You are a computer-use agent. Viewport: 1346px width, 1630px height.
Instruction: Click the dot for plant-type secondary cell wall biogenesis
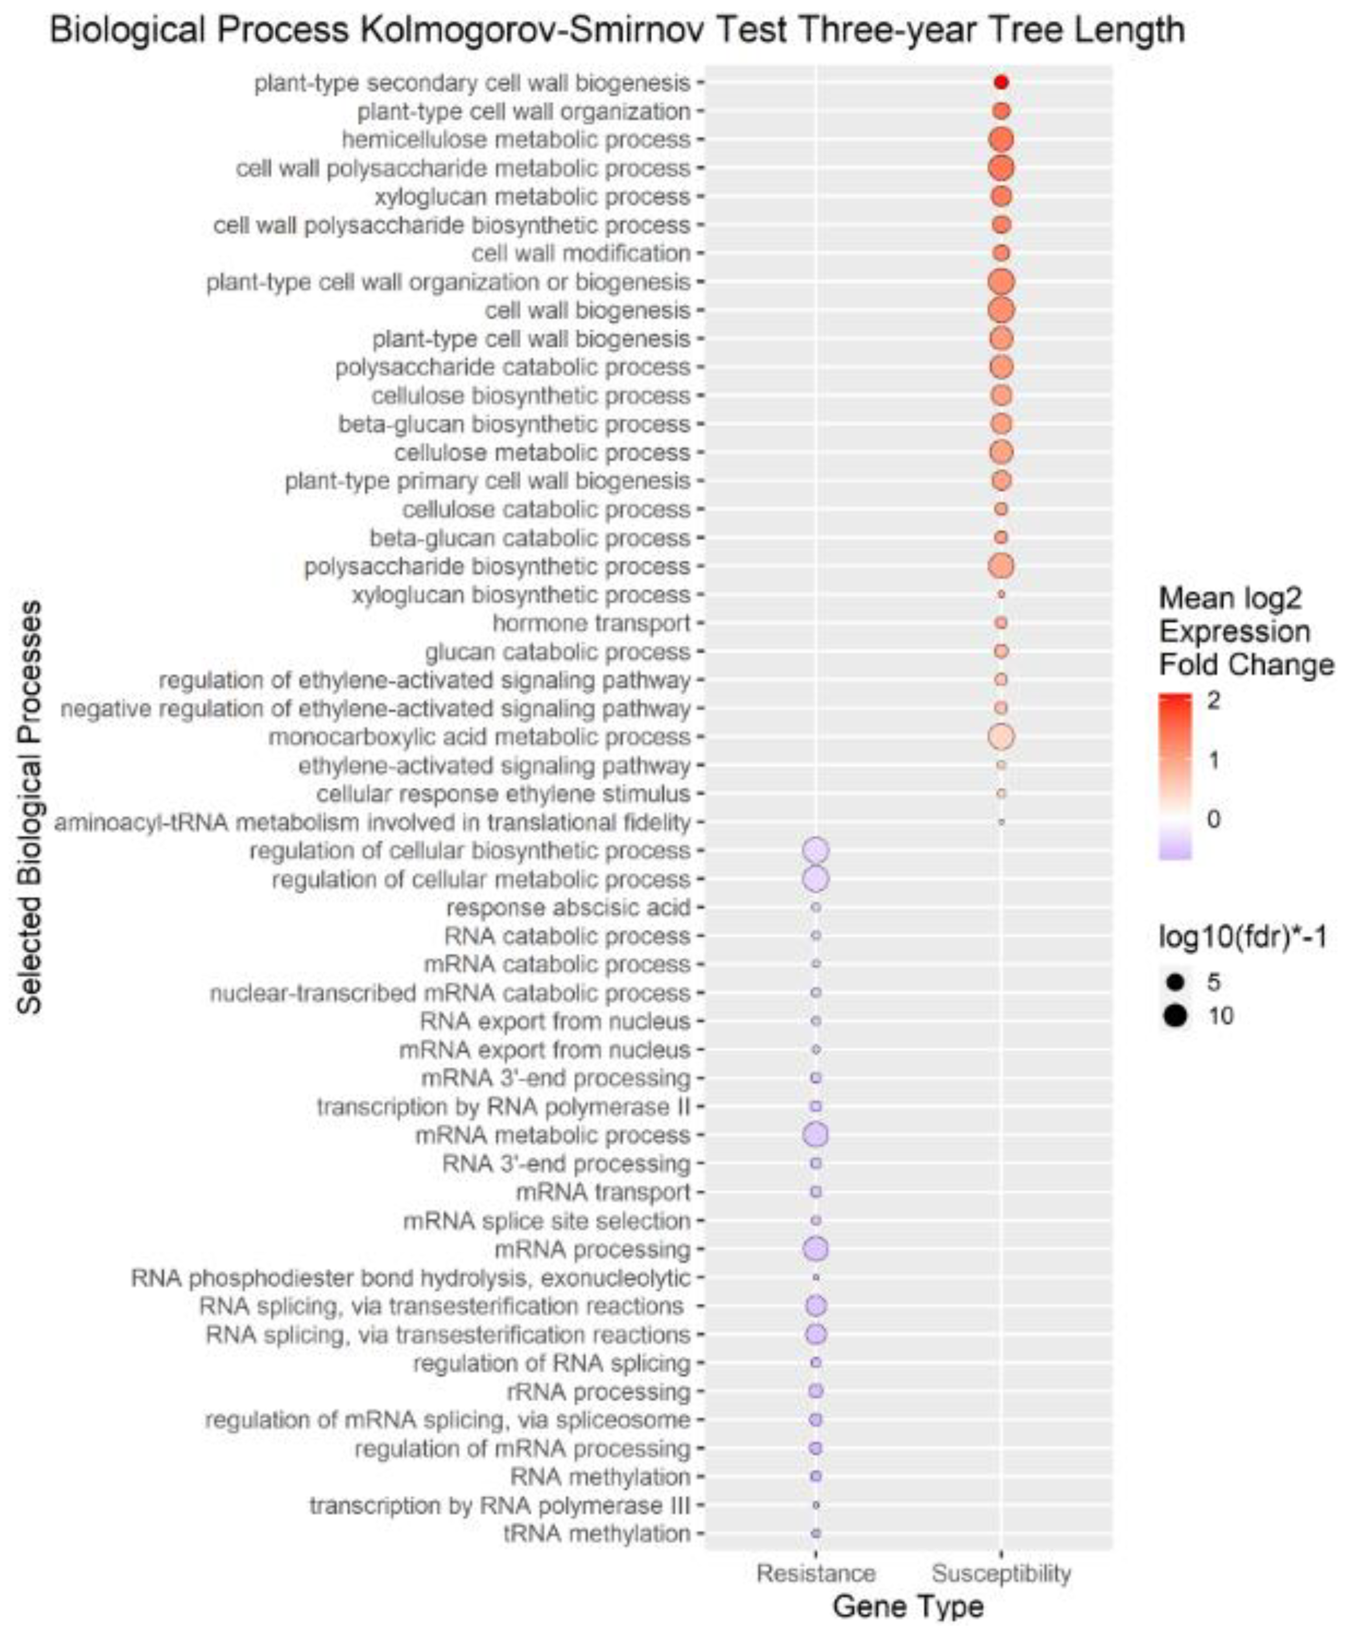tap(1001, 82)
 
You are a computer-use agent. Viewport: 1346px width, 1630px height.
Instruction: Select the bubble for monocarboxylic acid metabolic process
tap(1001, 737)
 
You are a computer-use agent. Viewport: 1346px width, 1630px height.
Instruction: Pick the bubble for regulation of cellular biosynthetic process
tap(816, 851)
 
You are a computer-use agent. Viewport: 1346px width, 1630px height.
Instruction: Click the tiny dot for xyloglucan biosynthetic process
tap(1001, 595)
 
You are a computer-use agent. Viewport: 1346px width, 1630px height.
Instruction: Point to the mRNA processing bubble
tap(816, 1249)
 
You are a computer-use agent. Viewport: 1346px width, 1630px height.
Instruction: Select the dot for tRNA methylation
tap(816, 1534)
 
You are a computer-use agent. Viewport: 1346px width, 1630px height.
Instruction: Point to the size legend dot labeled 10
tap(1176, 1016)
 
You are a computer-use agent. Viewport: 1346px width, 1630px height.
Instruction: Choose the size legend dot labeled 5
tap(1176, 983)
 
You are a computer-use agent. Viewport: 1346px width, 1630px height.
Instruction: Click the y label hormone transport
tap(591, 623)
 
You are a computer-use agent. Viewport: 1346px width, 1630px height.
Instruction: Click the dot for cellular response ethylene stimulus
tap(1001, 794)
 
